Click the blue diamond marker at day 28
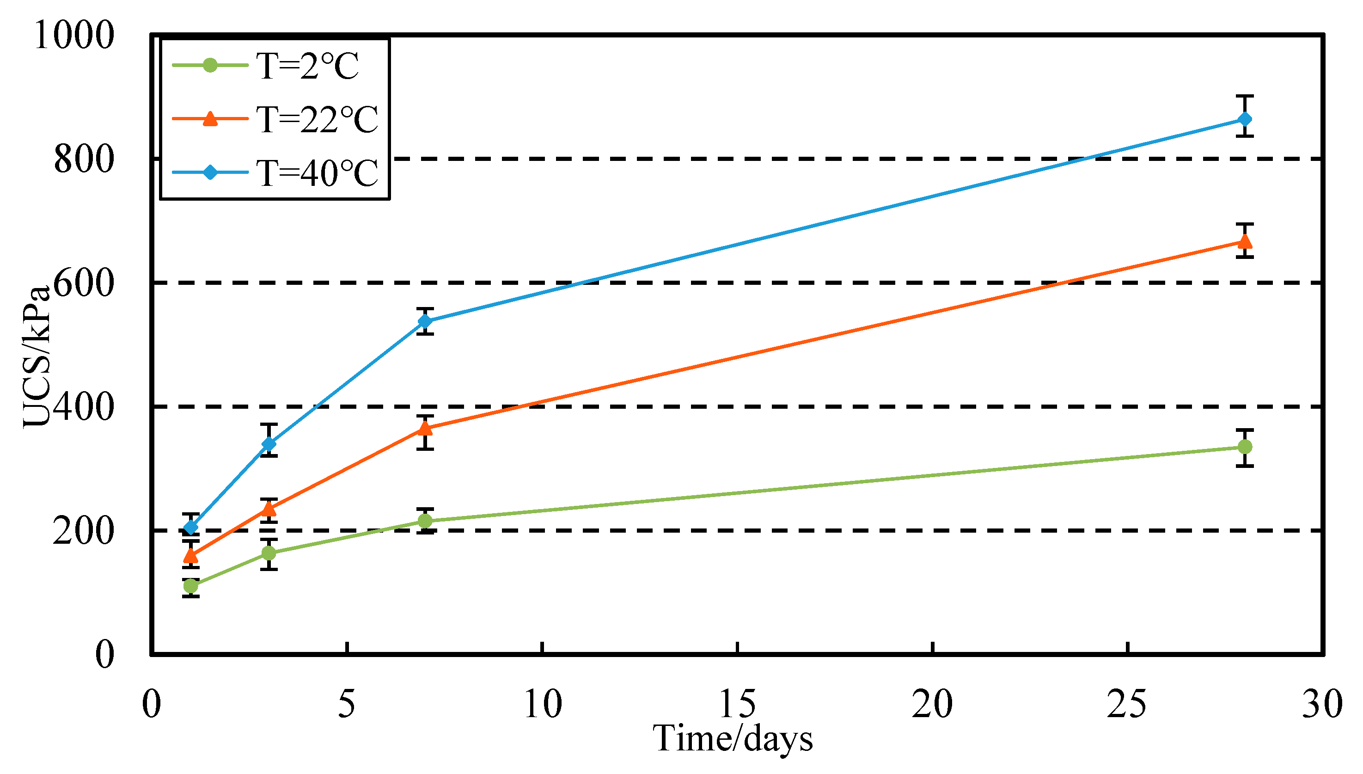1245,119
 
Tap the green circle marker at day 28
1245,447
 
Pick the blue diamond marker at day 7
425,321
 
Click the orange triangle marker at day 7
425,428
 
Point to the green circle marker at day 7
425,521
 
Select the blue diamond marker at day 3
269,444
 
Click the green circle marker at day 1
191,586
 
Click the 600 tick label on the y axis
84,283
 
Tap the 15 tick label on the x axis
737,704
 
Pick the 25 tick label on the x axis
1127,704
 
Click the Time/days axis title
732,739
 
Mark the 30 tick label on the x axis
1321,704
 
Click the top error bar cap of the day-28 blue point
1245,96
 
